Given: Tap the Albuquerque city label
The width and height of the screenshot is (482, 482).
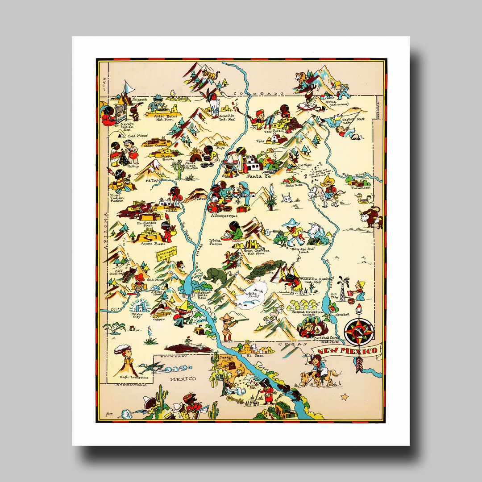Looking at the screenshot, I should (x=224, y=216).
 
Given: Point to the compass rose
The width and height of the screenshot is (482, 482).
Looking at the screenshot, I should (x=359, y=331).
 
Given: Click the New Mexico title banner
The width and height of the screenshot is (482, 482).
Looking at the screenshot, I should (x=346, y=352).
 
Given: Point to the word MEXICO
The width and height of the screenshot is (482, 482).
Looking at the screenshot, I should (x=183, y=379).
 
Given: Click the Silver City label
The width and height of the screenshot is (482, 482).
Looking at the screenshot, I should (x=137, y=315).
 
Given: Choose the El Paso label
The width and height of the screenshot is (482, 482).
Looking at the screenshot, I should (x=257, y=356).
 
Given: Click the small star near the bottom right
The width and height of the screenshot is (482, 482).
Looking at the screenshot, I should (x=344, y=396).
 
